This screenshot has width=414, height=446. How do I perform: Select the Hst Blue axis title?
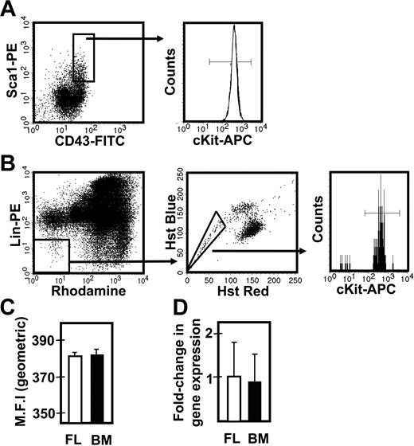coord(170,225)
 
